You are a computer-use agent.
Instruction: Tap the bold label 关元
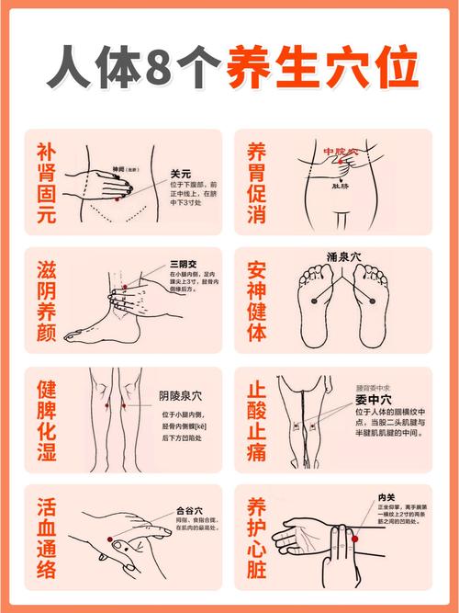180,173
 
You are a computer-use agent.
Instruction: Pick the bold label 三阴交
183,264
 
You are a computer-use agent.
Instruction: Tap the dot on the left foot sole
313,300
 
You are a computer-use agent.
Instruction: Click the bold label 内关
386,498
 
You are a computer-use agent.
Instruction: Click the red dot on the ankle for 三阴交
119,289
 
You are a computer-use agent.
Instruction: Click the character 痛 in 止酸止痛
257,452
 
